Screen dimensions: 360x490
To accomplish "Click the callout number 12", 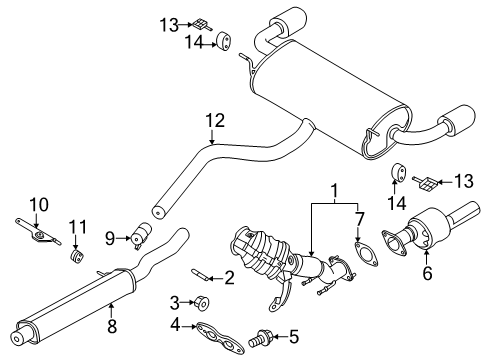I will click(x=211, y=120).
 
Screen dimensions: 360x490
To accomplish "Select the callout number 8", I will click(x=112, y=324).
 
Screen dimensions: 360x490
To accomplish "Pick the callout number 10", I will click(x=37, y=205).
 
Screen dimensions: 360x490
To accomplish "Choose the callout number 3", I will click(x=175, y=302).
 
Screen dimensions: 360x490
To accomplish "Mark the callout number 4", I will click(x=175, y=324).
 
